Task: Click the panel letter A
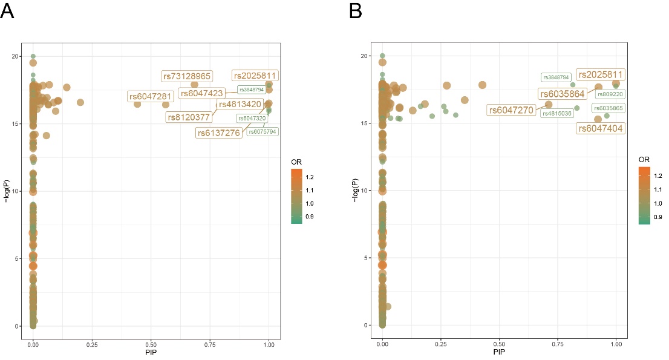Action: pos(7,10)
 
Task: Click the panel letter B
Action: pos(356,10)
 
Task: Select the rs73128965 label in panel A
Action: pos(187,76)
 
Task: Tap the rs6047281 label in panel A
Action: pos(151,96)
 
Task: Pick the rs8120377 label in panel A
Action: pos(189,117)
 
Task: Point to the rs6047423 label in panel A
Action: pos(202,93)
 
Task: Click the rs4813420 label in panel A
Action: pos(240,104)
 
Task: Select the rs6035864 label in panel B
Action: pos(563,94)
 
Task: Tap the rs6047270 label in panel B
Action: pos(511,110)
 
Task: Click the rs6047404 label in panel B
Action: pos(599,128)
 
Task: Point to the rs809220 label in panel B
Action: pos(610,94)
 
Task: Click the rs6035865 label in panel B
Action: pos(610,108)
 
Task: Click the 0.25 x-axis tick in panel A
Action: pos(92,344)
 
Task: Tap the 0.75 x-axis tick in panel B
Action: pos(558,344)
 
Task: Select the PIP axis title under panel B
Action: pos(499,352)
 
